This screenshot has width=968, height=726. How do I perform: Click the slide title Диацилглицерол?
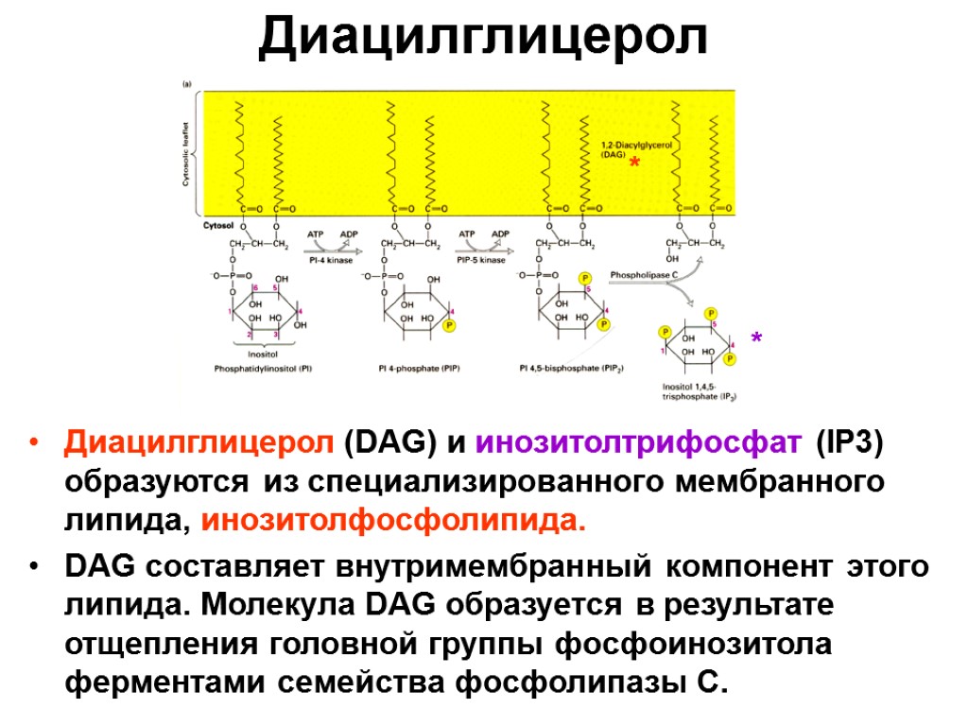click(x=483, y=38)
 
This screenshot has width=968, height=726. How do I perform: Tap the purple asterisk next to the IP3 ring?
click(x=757, y=338)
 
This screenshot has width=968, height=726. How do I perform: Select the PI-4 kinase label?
click(x=328, y=260)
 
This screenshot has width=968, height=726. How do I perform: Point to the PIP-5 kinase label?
click(x=480, y=260)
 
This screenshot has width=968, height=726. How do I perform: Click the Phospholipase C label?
click(x=645, y=273)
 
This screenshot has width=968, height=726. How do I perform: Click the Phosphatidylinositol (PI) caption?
click(x=263, y=370)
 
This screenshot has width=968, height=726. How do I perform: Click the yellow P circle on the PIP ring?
click(x=449, y=325)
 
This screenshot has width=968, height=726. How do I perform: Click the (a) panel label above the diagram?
click(x=187, y=83)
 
